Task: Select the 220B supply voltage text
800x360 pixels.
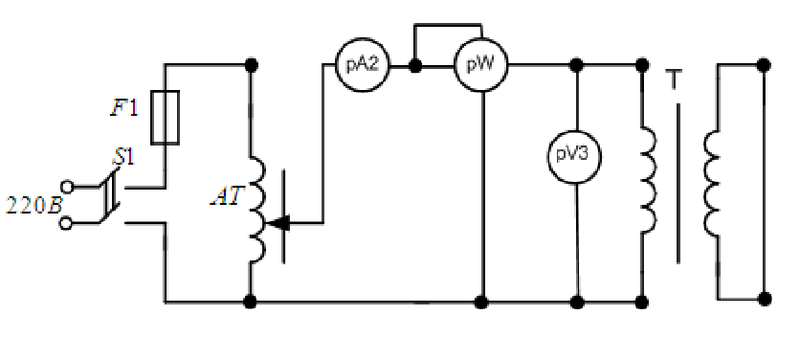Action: (x=33, y=205)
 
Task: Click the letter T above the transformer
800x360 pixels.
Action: (x=674, y=79)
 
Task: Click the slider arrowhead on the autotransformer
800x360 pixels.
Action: (x=279, y=223)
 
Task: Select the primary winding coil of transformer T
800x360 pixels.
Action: (x=649, y=181)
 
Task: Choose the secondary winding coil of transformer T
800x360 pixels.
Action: (x=712, y=184)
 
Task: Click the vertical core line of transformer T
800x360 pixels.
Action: (x=678, y=184)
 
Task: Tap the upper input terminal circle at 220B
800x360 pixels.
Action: (x=66, y=187)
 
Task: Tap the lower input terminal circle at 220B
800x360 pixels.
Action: (x=66, y=224)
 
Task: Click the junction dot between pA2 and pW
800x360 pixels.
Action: (x=415, y=65)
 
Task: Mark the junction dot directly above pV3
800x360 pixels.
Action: (x=576, y=65)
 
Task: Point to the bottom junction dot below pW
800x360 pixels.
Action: (x=481, y=303)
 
